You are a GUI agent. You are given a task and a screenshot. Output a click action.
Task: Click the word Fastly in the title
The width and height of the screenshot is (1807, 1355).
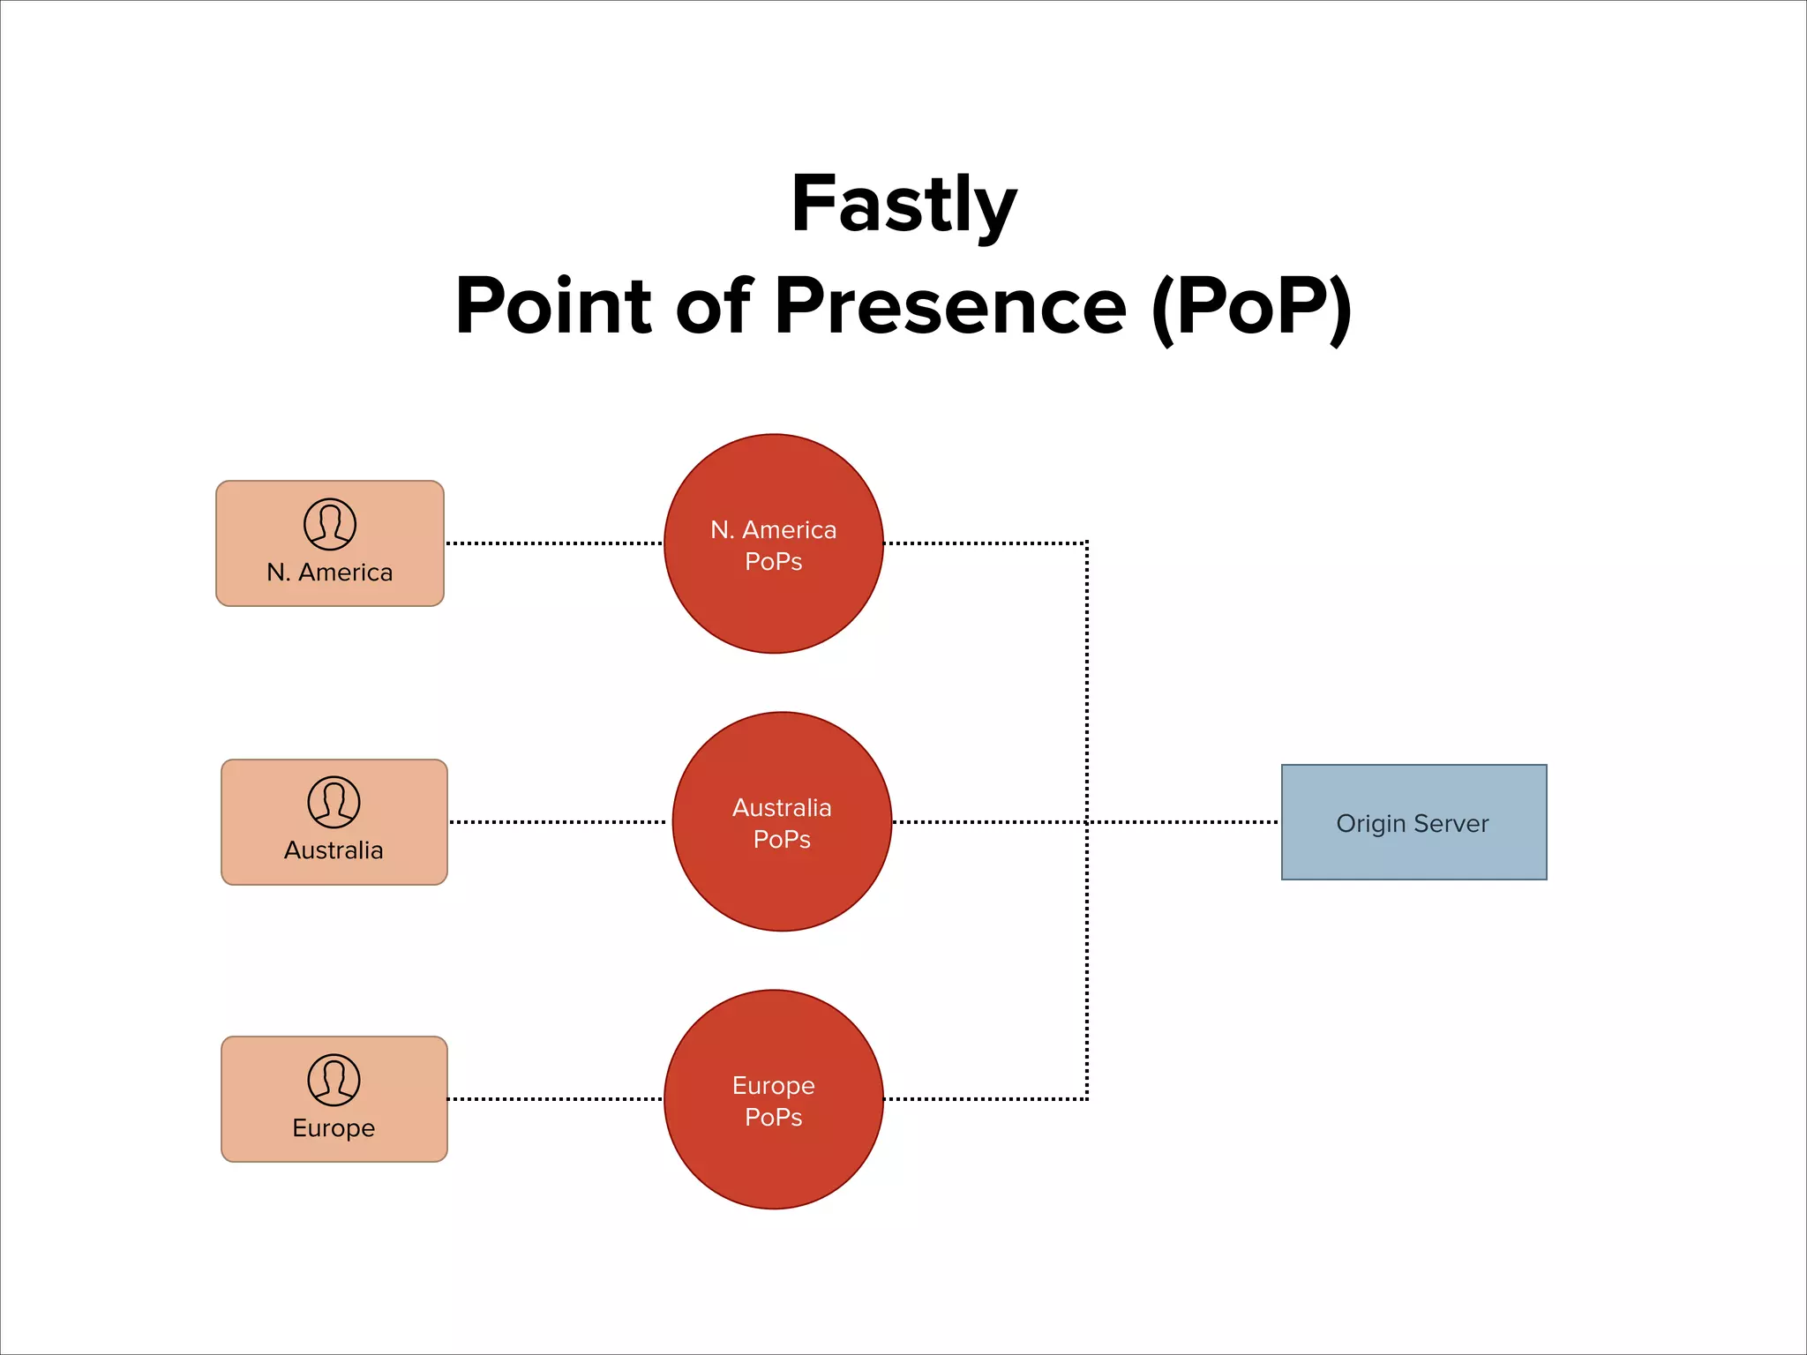coord(903,205)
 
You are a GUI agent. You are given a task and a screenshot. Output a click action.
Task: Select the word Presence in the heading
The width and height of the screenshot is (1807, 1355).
coord(950,306)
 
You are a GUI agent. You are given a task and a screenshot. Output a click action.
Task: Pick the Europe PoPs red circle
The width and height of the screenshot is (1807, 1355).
coord(773,1156)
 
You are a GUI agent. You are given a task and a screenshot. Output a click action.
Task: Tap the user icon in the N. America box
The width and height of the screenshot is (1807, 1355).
coord(330,524)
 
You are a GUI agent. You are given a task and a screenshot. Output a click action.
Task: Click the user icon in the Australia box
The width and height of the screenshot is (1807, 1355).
coord(334,802)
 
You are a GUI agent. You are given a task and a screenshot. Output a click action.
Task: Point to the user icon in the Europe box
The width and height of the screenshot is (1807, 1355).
coord(334,1080)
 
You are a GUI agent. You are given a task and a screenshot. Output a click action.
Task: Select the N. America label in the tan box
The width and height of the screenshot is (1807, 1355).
coord(330,573)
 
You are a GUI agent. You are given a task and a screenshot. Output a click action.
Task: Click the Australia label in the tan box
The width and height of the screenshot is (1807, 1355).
coord(334,850)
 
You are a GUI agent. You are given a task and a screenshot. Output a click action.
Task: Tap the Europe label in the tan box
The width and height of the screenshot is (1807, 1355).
coord(334,1128)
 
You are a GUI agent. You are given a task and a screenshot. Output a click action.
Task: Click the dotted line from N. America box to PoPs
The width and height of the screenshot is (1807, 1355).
coord(554,543)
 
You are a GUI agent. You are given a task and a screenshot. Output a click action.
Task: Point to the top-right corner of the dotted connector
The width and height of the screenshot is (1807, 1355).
coord(1087,543)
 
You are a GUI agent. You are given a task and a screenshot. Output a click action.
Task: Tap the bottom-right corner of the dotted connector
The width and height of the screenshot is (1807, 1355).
coord(1087,1099)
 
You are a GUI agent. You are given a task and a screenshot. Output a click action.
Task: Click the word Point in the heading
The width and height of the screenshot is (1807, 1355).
coord(553,306)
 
